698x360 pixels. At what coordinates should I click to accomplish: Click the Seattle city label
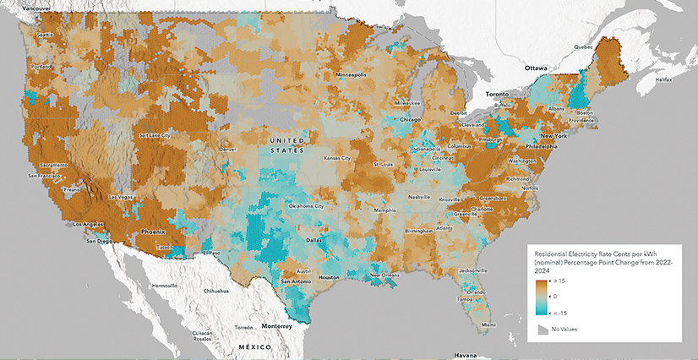(x=45, y=35)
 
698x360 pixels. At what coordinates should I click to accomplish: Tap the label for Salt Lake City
(x=155, y=135)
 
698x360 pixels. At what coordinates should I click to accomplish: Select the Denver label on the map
(x=226, y=149)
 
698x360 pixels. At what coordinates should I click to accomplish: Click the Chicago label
(x=410, y=120)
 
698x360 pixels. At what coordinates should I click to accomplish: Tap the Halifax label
(x=668, y=79)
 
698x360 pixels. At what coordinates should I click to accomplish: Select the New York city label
(x=553, y=136)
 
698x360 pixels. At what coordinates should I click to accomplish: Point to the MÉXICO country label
(x=253, y=347)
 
